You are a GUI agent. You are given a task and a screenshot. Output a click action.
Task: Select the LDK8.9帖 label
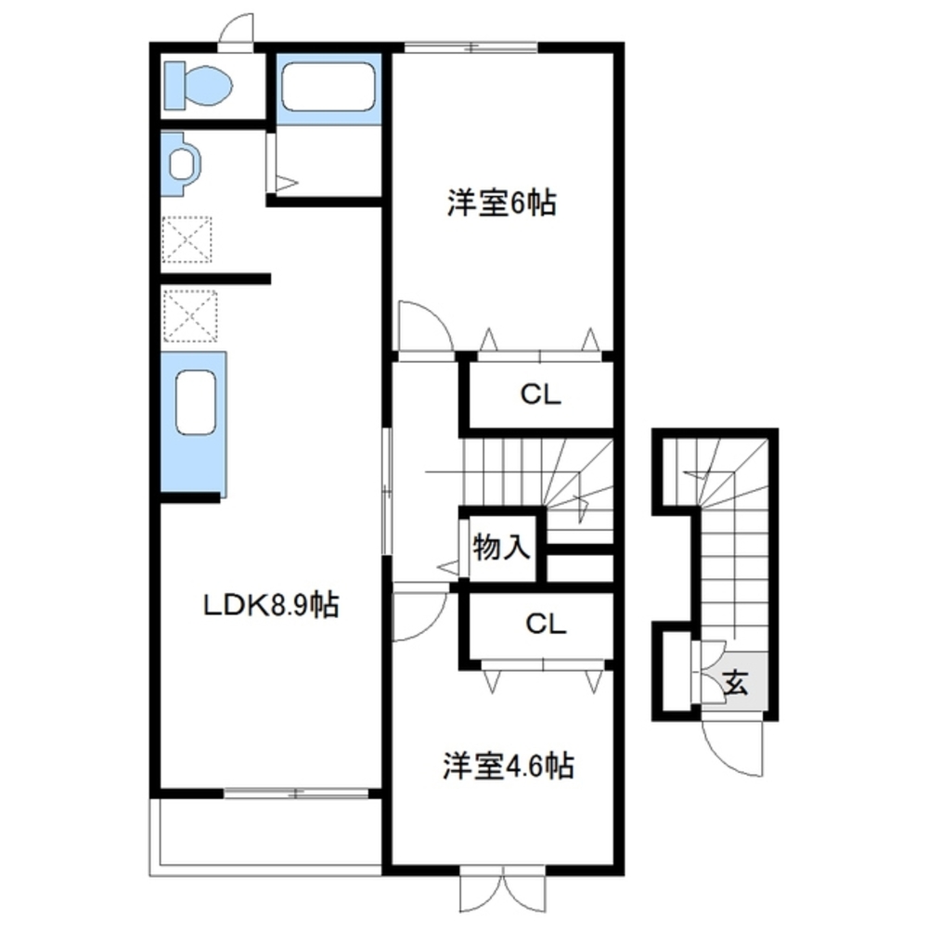270,605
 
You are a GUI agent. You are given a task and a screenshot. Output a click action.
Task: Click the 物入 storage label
501,547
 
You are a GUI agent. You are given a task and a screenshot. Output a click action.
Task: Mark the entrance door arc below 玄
733,747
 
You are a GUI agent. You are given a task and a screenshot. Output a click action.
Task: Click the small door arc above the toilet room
237,28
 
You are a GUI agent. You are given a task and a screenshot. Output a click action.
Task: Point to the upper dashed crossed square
188,239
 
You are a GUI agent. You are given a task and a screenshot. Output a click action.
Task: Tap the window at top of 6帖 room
471,47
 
